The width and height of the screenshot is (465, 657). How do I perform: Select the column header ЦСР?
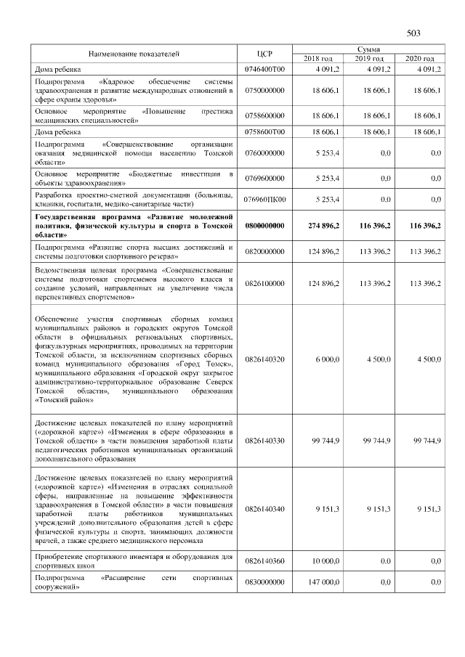click(264, 54)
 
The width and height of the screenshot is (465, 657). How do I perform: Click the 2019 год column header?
click(368, 58)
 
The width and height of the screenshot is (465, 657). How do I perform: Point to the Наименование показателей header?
click(134, 54)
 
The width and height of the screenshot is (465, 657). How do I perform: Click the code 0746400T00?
click(264, 69)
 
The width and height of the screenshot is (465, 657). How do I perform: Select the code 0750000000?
click(264, 90)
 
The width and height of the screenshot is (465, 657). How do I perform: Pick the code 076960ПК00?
click(264, 200)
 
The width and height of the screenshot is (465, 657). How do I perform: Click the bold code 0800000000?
click(264, 227)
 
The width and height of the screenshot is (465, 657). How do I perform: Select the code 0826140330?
click(264, 440)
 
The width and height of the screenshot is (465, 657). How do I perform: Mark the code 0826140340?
click(264, 509)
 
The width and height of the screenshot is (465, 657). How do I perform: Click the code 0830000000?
click(264, 582)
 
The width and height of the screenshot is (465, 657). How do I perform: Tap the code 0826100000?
click(264, 282)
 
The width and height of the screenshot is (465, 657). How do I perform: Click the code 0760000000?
click(264, 153)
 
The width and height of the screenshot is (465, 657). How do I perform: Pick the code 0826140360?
click(264, 561)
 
